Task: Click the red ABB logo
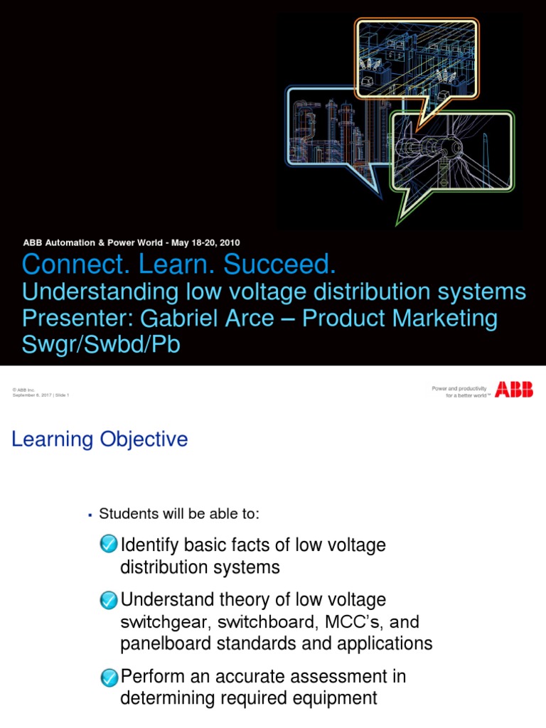(x=514, y=390)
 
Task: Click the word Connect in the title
(x=63, y=265)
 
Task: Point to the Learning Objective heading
(x=100, y=439)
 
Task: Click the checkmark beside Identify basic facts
(x=109, y=545)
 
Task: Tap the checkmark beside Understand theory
(x=109, y=600)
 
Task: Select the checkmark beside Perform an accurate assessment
(x=109, y=677)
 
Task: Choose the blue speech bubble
(x=341, y=135)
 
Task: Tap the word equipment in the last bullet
(x=336, y=698)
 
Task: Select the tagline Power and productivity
(x=459, y=387)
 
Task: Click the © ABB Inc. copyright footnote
(x=24, y=390)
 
